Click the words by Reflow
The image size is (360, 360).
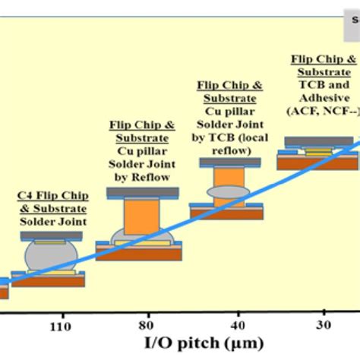point(143,178)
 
